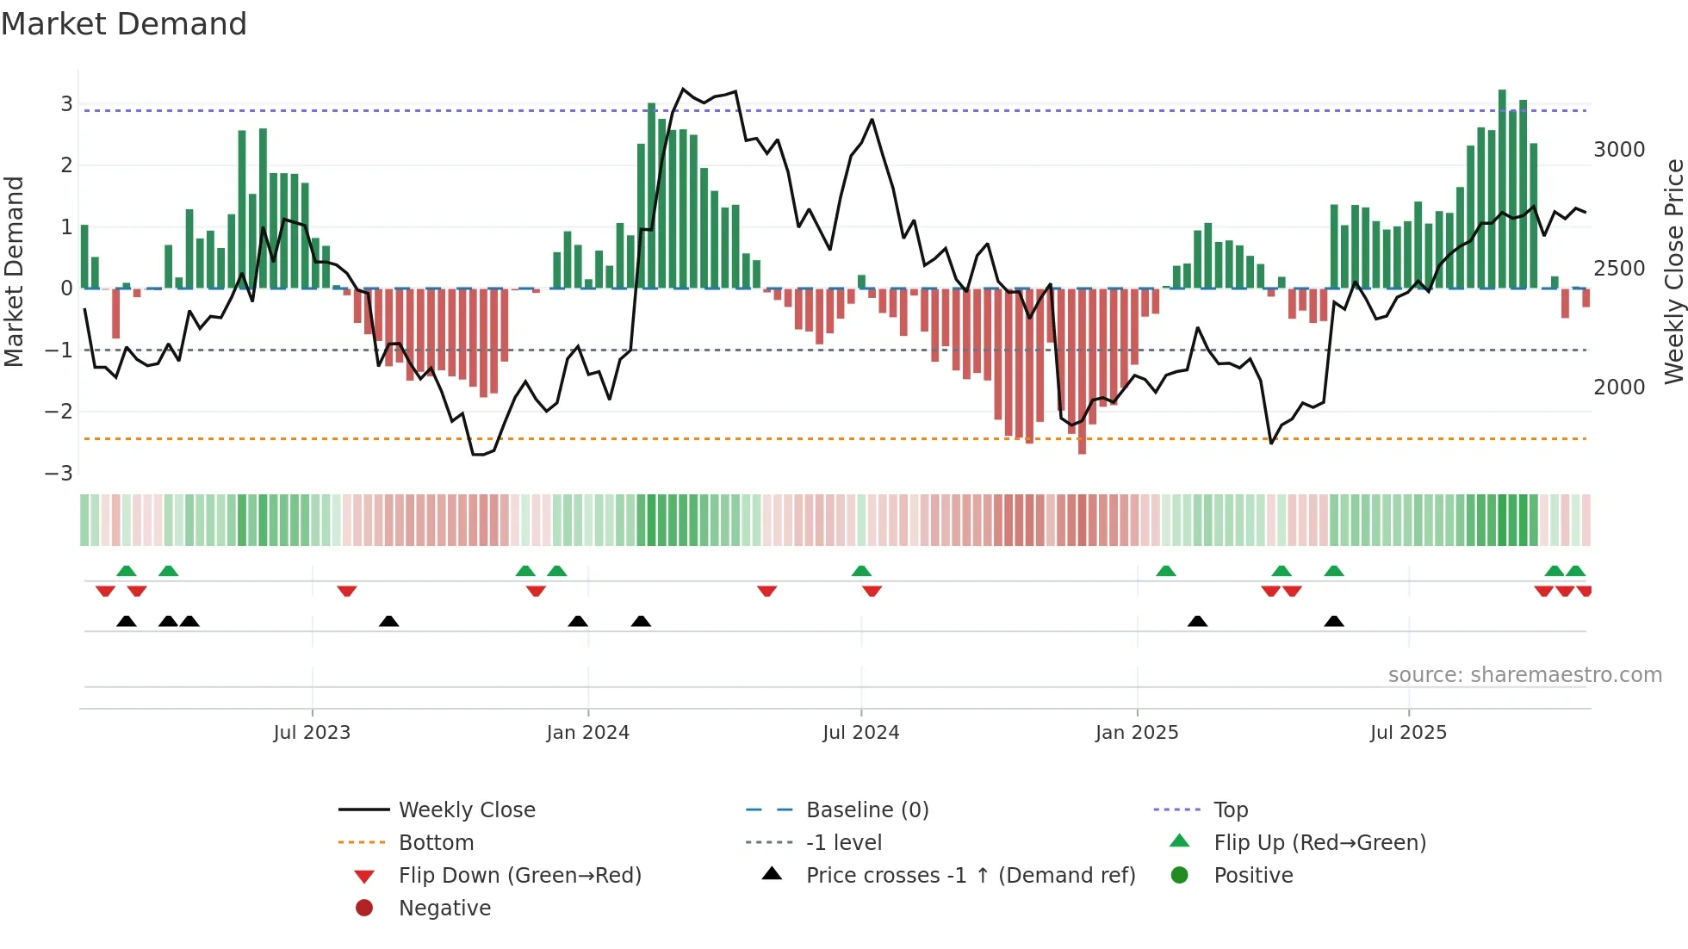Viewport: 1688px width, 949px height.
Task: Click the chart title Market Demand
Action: point(124,24)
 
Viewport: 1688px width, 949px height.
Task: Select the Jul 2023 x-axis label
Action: point(312,733)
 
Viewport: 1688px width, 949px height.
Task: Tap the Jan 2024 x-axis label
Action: point(587,733)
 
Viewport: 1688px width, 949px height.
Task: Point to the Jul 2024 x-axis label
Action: point(860,733)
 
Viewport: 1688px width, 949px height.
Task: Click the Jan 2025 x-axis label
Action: point(1137,733)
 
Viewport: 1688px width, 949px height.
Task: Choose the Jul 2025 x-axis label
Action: point(1408,733)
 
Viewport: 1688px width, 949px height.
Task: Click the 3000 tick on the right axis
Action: point(1619,150)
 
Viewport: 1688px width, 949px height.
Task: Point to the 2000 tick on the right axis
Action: point(1619,388)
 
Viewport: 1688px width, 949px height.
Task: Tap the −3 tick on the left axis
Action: point(59,474)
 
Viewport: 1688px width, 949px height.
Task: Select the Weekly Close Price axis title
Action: point(1673,271)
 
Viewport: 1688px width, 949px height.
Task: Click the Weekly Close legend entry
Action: point(466,810)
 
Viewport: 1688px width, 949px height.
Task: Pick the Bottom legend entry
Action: point(436,843)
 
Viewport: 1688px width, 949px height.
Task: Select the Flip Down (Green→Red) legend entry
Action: point(519,876)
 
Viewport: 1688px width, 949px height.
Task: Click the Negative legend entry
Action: point(444,909)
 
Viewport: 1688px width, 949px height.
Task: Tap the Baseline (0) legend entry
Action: point(866,810)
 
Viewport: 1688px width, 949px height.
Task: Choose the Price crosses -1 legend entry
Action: point(970,876)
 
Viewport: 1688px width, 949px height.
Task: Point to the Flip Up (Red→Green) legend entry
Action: point(1319,843)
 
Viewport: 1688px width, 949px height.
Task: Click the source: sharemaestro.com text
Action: point(1524,675)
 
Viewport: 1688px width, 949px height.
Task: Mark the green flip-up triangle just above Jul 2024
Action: point(861,571)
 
